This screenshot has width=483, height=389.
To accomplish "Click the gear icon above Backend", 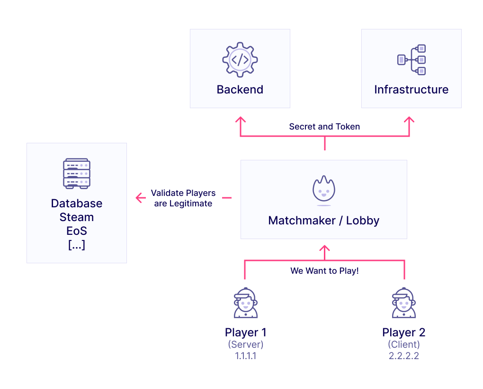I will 240,59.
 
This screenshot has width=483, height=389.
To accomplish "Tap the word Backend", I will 240,90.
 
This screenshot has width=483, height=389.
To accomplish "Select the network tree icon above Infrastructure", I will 411,60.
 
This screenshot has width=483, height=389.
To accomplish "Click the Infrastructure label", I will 411,90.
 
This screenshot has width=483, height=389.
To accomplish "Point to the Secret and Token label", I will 324,127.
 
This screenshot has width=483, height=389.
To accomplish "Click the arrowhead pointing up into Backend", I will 240,120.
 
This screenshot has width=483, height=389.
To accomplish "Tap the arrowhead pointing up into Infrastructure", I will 409,120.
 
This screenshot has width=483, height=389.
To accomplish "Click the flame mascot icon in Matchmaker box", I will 324,190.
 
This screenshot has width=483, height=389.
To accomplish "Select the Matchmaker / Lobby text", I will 324,221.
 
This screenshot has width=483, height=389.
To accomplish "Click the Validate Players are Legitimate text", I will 183,198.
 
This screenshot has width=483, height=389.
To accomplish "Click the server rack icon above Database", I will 77,174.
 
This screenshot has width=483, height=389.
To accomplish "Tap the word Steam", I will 77,217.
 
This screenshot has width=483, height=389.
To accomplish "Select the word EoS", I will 77,232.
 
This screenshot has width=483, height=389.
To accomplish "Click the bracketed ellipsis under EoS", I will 77,245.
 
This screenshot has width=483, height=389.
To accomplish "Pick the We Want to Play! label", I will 324,271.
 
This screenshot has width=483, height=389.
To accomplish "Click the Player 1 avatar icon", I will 246,303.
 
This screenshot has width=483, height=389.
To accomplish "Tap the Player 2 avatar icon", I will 404,303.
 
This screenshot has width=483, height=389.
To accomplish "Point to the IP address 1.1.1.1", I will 246,356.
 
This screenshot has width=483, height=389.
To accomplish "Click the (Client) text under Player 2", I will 404,344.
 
